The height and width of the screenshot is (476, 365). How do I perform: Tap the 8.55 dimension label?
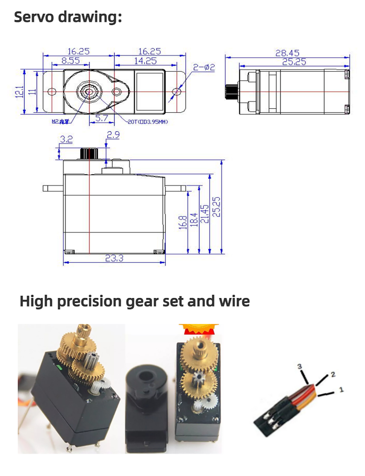coord(70,61)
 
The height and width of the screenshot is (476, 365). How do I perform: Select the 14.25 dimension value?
coord(145,61)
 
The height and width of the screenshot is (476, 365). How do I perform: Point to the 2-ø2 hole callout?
coord(204,67)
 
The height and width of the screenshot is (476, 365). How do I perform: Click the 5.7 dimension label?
coord(102,118)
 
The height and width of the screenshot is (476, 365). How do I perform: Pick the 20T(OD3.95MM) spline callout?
coord(148,122)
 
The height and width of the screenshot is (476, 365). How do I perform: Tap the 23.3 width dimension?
coord(114,258)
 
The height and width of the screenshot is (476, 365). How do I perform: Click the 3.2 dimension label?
coord(66,139)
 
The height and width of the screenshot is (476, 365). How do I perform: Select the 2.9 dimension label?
coord(113,134)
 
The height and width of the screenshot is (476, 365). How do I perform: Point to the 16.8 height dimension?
coord(182,222)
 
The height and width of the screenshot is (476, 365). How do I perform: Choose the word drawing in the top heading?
coord(90,17)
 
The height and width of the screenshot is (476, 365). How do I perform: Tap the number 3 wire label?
coord(300,366)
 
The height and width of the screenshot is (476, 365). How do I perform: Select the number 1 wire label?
coord(341,389)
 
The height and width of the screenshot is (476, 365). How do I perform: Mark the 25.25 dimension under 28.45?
coord(294,62)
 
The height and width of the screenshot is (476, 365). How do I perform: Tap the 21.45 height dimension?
coord(206,214)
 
